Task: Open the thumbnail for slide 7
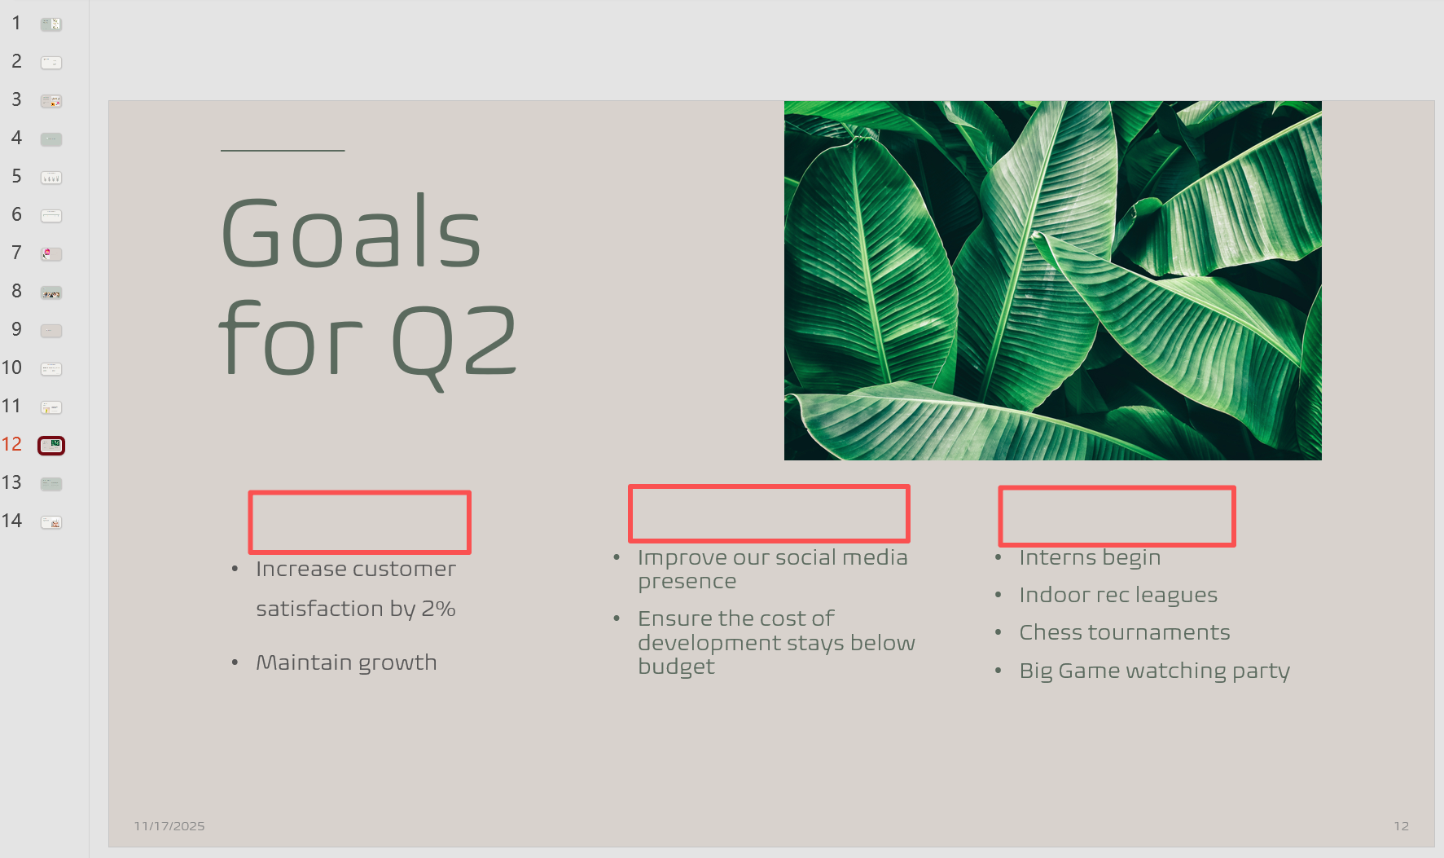pyautogui.click(x=51, y=254)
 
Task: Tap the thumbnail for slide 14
pyautogui.click(x=51, y=522)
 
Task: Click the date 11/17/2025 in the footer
pyautogui.click(x=169, y=826)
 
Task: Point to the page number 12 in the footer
pyautogui.click(x=1401, y=826)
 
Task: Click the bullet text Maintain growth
pyautogui.click(x=346, y=662)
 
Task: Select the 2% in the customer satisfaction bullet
pyautogui.click(x=438, y=609)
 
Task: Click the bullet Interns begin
pyautogui.click(x=1090, y=557)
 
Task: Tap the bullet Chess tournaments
pyautogui.click(x=1125, y=632)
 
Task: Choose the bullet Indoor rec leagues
pyautogui.click(x=1118, y=595)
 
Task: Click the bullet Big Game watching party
pyautogui.click(x=1154, y=671)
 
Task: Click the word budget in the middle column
pyautogui.click(x=676, y=667)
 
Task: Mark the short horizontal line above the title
pyautogui.click(x=283, y=151)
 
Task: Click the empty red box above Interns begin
pyautogui.click(x=1117, y=487)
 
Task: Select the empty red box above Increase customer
pyautogui.click(x=359, y=492)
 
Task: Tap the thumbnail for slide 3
pyautogui.click(x=51, y=101)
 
